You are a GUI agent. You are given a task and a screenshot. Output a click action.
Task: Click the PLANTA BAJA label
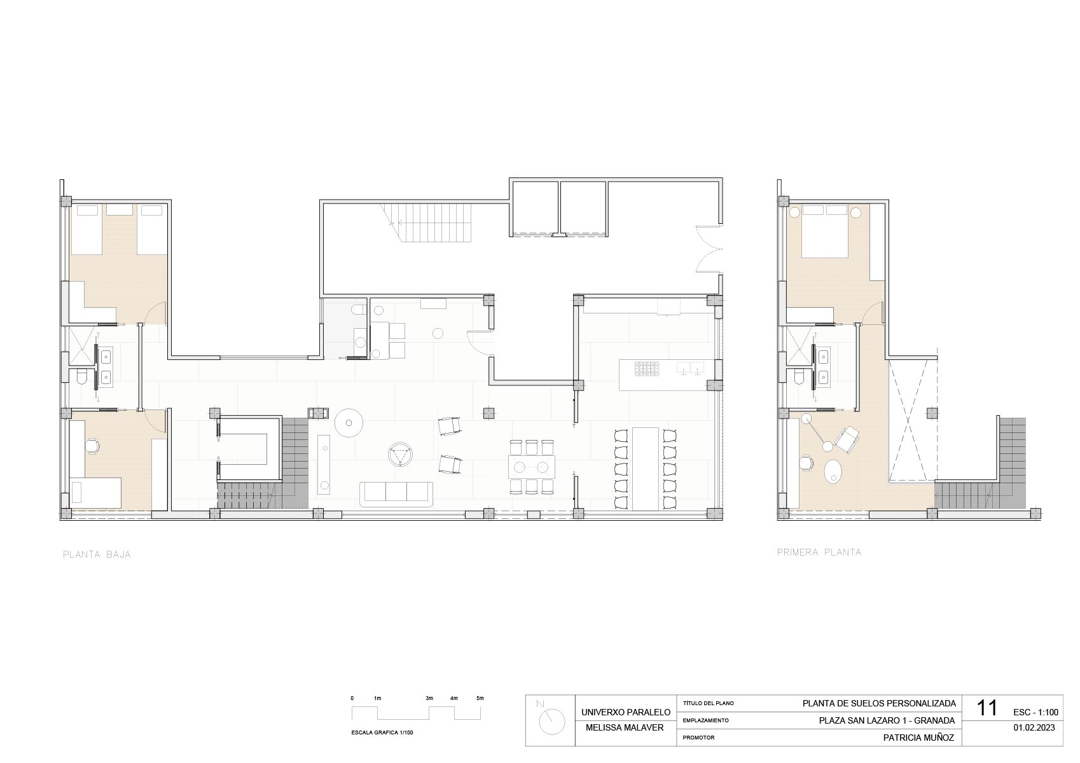pos(97,555)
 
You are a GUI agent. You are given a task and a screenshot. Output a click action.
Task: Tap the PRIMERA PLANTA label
pos(819,553)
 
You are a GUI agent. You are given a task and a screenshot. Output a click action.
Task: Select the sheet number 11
pos(987,708)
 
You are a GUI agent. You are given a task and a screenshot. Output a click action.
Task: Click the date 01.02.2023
pos(1034,728)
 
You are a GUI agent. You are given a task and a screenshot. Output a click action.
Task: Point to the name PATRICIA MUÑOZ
pos(918,738)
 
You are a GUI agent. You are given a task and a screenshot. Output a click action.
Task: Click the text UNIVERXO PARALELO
pos(626,712)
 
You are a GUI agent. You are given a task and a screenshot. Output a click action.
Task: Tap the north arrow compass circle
pos(552,722)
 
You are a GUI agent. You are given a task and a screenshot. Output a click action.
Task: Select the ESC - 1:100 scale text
pos(1035,712)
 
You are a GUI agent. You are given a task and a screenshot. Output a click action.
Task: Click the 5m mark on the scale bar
pos(480,698)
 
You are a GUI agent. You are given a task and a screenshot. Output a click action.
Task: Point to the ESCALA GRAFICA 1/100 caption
pos(382,732)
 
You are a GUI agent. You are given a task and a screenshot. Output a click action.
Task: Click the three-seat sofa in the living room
pos(396,494)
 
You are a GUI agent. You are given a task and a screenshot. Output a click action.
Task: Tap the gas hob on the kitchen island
pos(647,369)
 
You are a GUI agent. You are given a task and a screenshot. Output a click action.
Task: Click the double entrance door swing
pos(709,250)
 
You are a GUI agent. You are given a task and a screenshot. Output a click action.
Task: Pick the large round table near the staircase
pos(349,423)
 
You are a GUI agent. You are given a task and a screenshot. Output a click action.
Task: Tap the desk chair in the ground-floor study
pos(92,446)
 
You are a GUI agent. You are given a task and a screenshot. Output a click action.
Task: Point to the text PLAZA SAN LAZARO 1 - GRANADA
pos(887,720)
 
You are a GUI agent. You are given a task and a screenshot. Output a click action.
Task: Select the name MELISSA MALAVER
pos(625,728)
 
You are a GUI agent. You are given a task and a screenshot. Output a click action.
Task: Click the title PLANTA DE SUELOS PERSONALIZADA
pos(879,703)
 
